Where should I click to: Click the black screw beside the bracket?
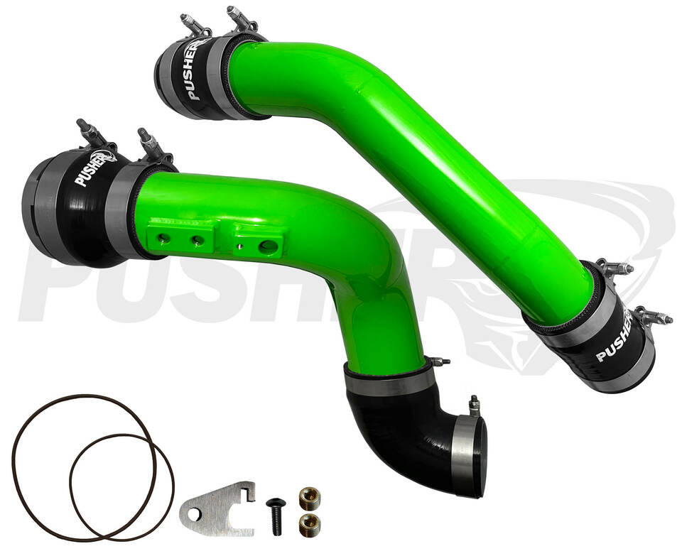(x=276, y=515)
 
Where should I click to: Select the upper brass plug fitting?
(x=310, y=498)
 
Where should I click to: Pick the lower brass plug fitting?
(x=310, y=524)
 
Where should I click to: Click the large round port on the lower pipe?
(x=268, y=247)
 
